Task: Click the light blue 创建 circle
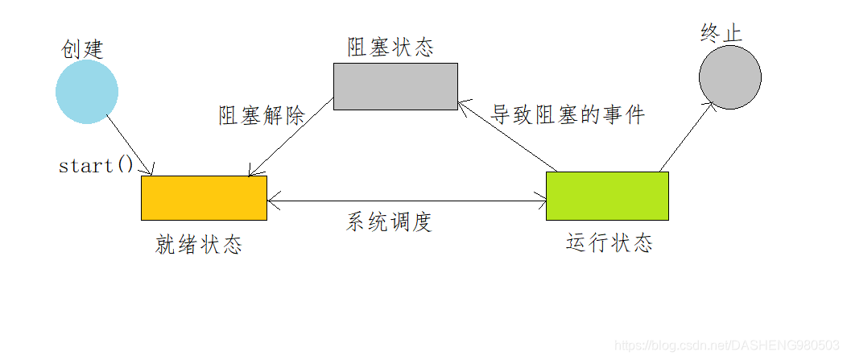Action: [87, 92]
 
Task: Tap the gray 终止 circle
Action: [729, 77]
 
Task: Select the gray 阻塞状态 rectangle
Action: [395, 86]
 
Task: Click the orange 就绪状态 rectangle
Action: [204, 197]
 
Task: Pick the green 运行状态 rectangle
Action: [607, 196]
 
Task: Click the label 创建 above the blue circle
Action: [83, 48]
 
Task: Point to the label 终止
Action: [721, 33]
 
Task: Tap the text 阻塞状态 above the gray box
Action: [390, 48]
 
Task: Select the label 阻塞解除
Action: [262, 115]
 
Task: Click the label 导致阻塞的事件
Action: [568, 114]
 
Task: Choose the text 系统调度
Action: [390, 222]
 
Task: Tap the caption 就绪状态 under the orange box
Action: [198, 245]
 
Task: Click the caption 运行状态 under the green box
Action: [609, 242]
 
